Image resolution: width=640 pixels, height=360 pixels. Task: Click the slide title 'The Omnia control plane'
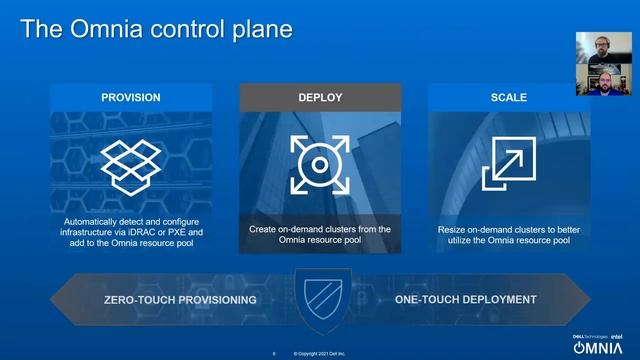point(157,29)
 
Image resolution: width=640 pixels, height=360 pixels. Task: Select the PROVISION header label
point(131,98)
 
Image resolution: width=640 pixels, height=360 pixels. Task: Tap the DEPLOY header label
point(320,98)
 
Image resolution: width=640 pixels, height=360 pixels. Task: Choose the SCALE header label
point(508,98)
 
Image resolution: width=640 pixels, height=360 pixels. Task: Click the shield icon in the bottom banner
point(320,298)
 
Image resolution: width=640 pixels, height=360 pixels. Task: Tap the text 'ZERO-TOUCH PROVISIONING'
point(181,300)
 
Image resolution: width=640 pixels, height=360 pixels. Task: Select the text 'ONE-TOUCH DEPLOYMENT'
point(466,299)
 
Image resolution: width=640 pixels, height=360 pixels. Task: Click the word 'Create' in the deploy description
point(263,229)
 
